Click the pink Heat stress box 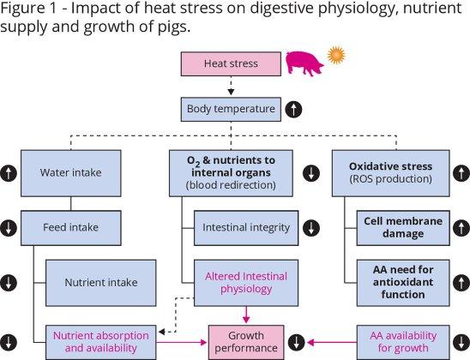click(231, 63)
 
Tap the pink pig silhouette click(304, 63)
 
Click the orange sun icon click(336, 56)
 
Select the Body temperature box click(231, 110)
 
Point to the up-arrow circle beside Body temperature click(293, 110)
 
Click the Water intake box click(71, 173)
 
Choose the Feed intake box click(71, 228)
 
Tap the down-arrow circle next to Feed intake click(8, 228)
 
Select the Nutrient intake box click(100, 283)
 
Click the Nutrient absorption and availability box click(100, 342)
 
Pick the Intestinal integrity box click(246, 228)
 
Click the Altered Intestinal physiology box click(246, 283)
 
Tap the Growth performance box click(246, 342)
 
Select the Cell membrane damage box click(403, 228)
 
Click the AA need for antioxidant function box click(403, 283)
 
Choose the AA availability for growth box click(403, 342)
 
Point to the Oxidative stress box click(391, 173)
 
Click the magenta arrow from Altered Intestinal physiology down click(246, 315)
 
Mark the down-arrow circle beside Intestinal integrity click(311, 228)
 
